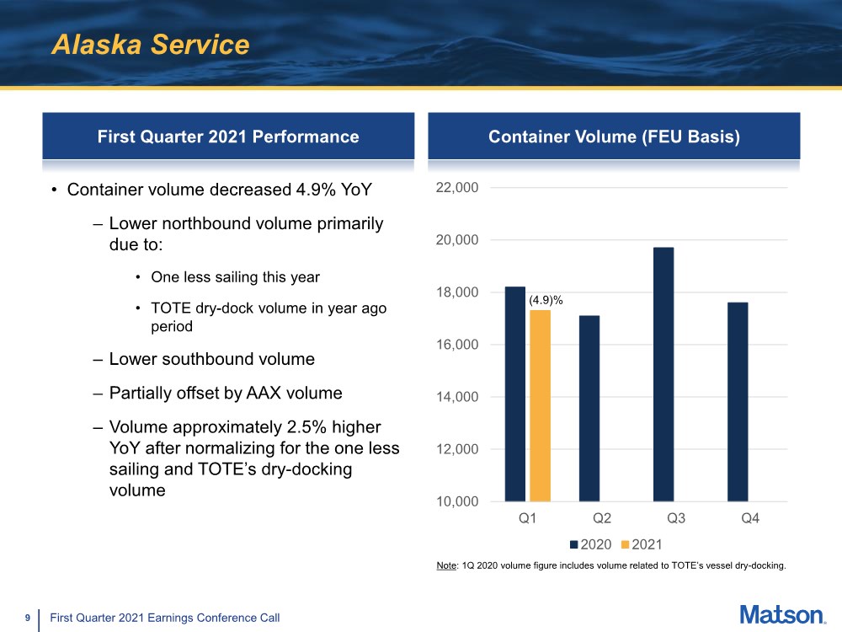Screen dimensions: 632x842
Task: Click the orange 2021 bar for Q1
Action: tap(540, 405)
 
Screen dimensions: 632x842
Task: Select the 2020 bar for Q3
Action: tap(663, 374)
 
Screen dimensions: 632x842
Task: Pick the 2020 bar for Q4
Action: tap(738, 401)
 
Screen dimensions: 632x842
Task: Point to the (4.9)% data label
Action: tap(546, 300)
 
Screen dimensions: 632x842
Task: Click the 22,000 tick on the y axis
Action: tap(457, 188)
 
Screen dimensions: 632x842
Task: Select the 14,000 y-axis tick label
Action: tap(457, 397)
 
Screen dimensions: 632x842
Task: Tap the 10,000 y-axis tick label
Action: tap(457, 501)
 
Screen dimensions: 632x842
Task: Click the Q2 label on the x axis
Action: tap(601, 519)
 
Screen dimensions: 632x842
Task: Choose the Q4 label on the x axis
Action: tap(749, 519)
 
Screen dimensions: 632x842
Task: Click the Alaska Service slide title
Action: tap(151, 45)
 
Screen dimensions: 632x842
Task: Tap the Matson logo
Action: tap(782, 614)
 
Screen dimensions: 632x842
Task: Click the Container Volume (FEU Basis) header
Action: tap(614, 137)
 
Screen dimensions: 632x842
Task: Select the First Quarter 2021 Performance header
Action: tap(228, 137)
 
